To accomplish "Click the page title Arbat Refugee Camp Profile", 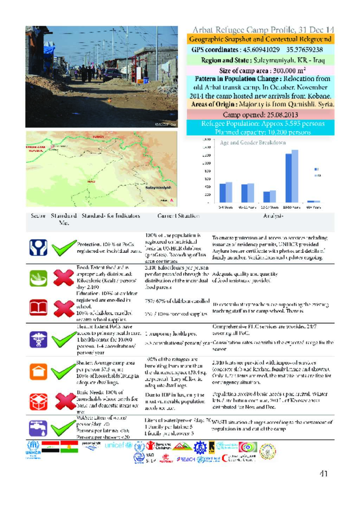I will pos(263,30).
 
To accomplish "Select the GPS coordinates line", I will pos(257,50).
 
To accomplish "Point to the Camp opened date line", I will pos(260,115).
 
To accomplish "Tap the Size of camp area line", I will pos(260,70).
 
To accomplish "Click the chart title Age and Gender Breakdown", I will pos(252,143).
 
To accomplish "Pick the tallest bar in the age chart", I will pos(295,176).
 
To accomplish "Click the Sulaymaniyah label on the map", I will pos(158,188).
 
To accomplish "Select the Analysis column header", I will pos(273,216).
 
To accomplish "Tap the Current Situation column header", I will pos(178,216).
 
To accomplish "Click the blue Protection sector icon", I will pos(38,248).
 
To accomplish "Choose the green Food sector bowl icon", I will pos(38,278).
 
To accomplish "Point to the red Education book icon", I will pos(38,308).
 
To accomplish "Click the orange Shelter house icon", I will pos(38,371).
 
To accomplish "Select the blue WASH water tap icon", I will pos(38,428).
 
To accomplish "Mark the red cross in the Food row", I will pos(63,278).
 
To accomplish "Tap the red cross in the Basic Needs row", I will pos(63,401).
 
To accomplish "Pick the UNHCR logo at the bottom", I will pos(33,449).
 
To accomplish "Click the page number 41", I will pos(323,474).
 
